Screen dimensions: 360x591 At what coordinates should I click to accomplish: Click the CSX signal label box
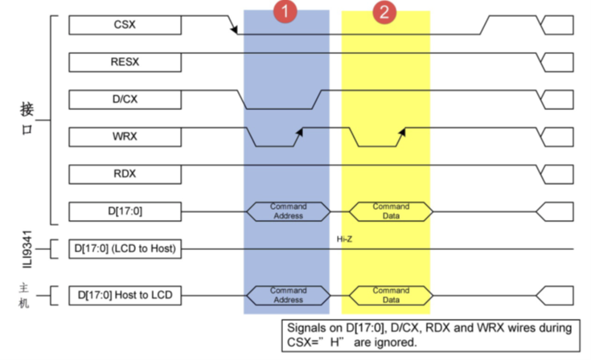[x=124, y=25]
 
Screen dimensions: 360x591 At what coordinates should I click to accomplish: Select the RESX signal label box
[x=124, y=61]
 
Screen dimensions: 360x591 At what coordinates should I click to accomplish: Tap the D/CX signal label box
[x=124, y=99]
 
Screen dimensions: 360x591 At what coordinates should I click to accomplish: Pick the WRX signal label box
[x=124, y=136]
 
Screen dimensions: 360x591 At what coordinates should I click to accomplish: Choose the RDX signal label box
[x=124, y=174]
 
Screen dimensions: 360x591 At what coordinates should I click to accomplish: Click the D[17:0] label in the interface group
[x=124, y=211]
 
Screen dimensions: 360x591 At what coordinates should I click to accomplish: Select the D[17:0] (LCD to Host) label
[x=124, y=249]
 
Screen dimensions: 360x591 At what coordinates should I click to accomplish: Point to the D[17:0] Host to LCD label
[x=124, y=295]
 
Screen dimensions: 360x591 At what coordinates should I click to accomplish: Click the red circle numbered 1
[x=285, y=12]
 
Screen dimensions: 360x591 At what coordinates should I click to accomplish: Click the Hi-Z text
[x=344, y=239]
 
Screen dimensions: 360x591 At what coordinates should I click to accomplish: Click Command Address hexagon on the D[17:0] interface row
[x=288, y=211]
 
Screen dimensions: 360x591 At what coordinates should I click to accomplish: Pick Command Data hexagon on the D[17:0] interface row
[x=391, y=211]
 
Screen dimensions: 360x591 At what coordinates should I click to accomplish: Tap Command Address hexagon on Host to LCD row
[x=288, y=295]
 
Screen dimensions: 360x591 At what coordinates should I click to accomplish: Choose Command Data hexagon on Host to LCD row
[x=391, y=295]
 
